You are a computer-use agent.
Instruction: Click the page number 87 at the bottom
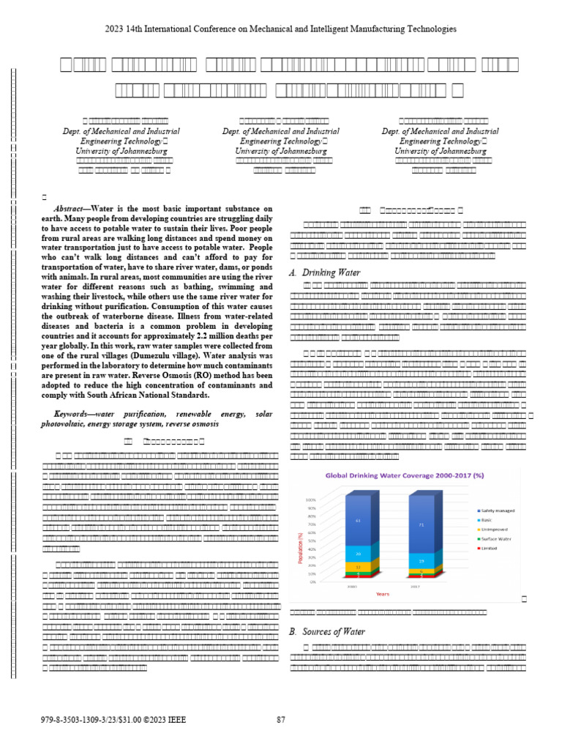pos(280,720)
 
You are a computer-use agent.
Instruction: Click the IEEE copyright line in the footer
pos(113,720)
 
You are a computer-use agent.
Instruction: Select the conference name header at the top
pos(280,29)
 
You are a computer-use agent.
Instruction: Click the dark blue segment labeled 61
pos(357,521)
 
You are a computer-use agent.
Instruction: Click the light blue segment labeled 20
pos(357,554)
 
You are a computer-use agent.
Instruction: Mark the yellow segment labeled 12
pos(357,567)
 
